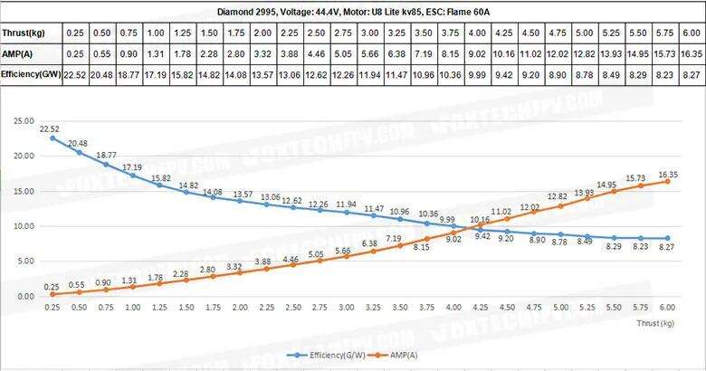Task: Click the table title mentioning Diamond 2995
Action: [352, 13]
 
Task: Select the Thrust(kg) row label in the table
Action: [25, 33]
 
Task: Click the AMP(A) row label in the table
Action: [21, 53]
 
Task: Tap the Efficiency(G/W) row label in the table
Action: [32, 73]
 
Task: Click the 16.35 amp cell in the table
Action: [690, 53]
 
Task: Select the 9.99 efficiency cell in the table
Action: [477, 73]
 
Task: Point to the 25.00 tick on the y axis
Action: [24, 120]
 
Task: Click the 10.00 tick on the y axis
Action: [24, 226]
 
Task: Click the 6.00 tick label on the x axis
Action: [668, 308]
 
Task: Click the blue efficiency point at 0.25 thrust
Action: [52, 138]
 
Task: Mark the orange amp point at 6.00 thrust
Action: [668, 181]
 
